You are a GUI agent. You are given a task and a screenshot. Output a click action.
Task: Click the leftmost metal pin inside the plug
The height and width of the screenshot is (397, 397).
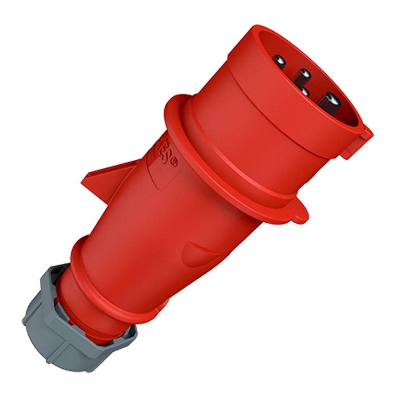(x=279, y=61)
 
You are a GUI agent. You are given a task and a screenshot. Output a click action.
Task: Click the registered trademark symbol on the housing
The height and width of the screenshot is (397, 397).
(x=173, y=163)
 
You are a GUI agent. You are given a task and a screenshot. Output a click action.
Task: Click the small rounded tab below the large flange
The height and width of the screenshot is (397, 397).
(x=300, y=213)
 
